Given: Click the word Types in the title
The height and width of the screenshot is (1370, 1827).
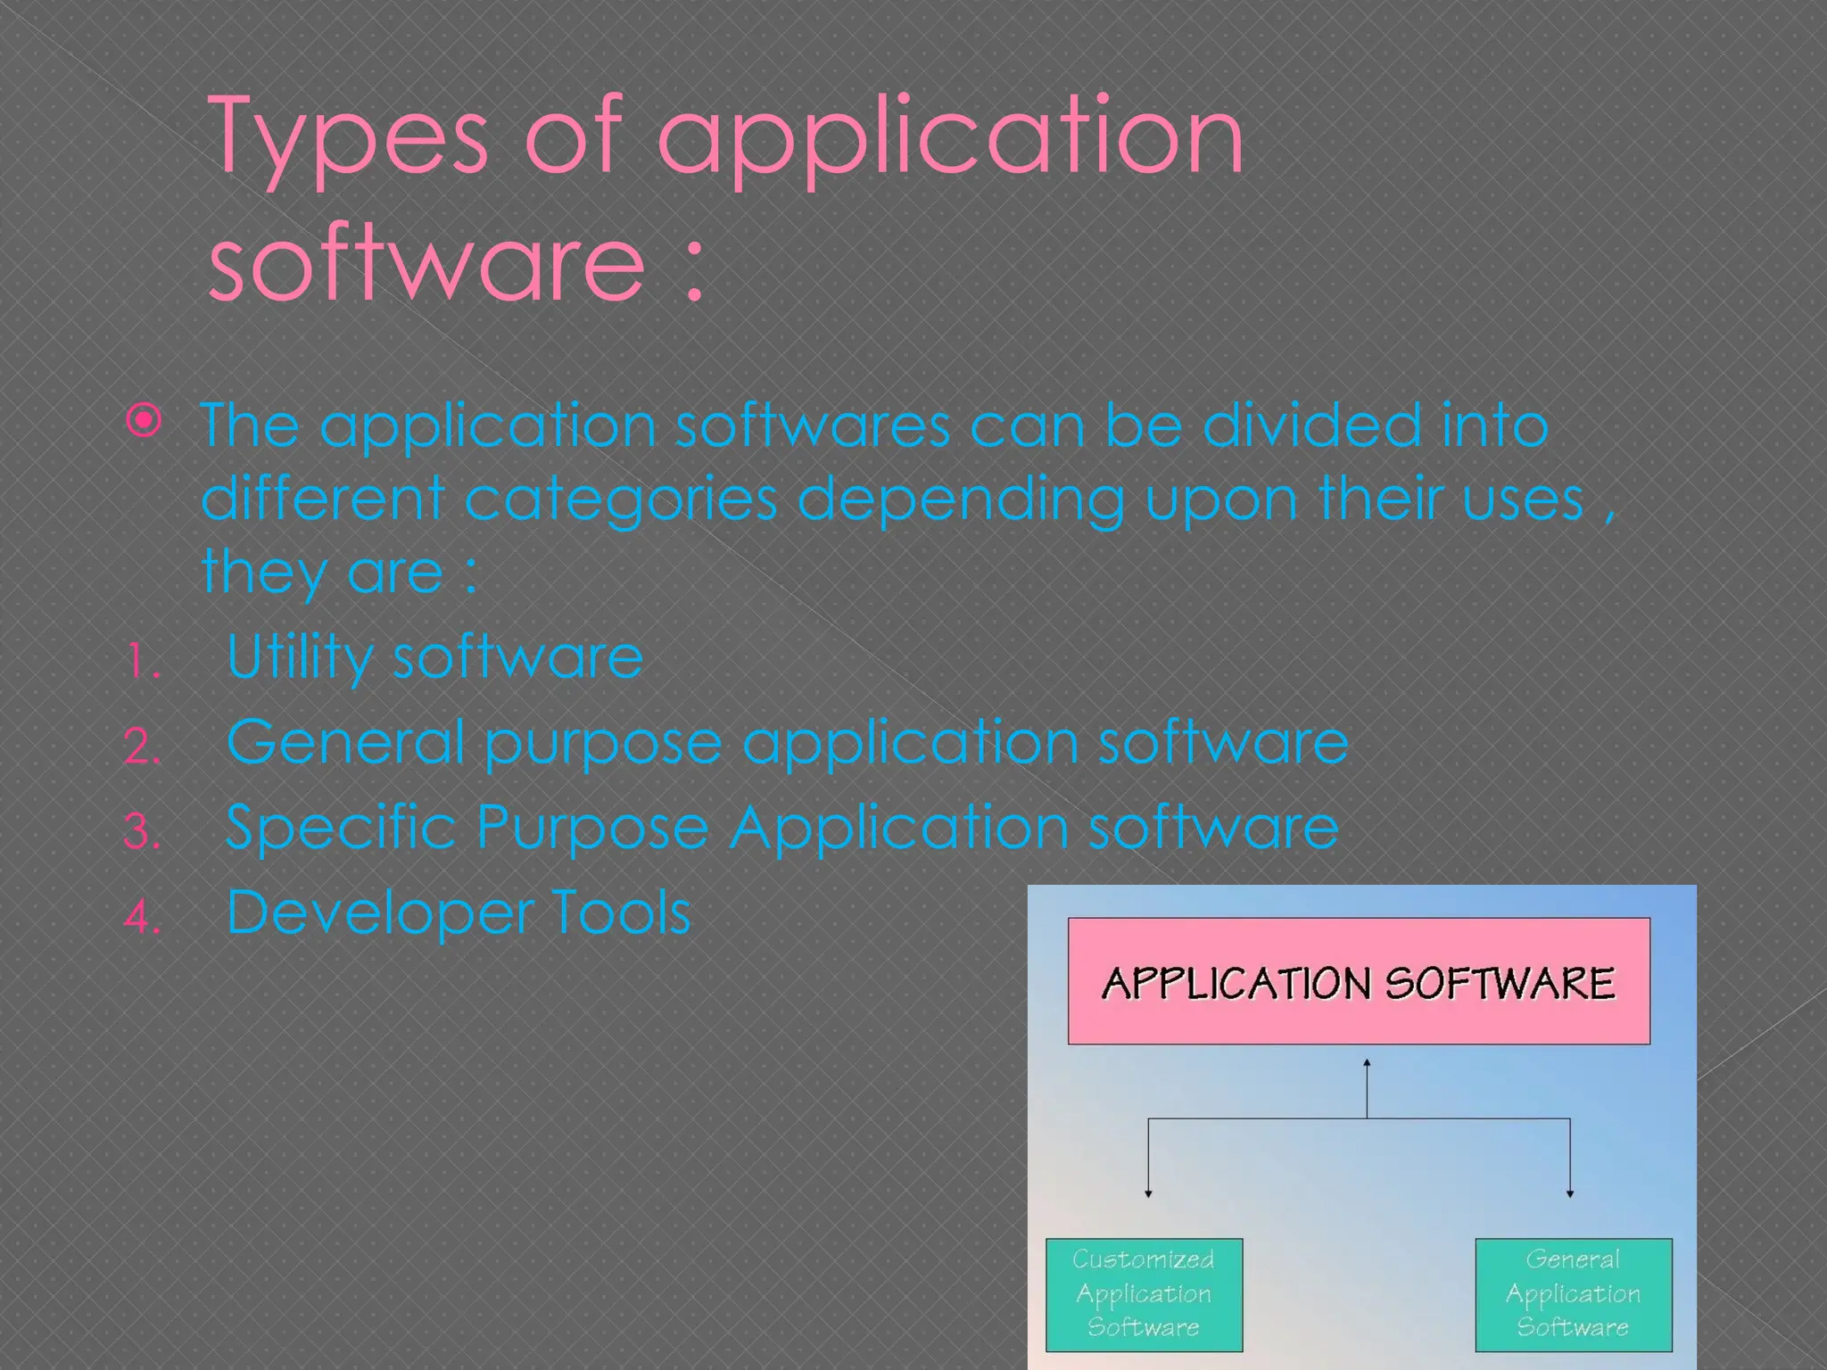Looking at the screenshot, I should point(348,138).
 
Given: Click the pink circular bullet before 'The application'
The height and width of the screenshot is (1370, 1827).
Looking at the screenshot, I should point(144,420).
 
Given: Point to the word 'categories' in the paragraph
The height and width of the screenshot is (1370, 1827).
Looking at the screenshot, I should point(621,499).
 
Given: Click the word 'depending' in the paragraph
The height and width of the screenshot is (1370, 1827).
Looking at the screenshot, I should point(960,499).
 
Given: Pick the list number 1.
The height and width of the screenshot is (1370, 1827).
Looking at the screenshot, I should point(142,663).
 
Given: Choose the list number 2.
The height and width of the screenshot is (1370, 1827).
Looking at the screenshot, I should point(142,747).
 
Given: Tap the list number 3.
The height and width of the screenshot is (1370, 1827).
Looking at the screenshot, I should point(142,831).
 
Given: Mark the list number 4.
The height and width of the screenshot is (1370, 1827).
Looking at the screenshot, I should point(142,916).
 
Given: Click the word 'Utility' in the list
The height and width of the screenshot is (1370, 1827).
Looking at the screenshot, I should point(299,658).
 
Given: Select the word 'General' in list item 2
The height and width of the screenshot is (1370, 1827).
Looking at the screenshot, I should point(345,741).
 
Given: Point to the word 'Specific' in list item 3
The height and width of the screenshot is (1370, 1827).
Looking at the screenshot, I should point(341,827).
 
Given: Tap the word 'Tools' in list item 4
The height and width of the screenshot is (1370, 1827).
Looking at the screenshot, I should point(621,912).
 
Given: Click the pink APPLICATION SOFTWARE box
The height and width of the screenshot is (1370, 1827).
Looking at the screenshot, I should point(1359,981).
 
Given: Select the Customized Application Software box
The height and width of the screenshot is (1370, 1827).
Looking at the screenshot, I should point(1144,1293).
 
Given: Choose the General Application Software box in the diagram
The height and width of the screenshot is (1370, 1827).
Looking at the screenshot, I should point(1573,1293).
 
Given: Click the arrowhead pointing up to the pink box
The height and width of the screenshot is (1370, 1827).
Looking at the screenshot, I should point(1367,1062).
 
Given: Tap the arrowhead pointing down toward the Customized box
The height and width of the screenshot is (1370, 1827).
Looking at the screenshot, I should point(1148,1193).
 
